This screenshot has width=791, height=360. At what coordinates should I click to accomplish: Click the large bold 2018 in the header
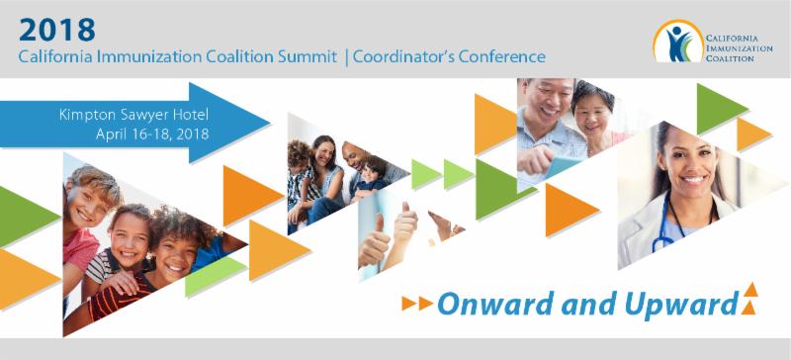(x=57, y=30)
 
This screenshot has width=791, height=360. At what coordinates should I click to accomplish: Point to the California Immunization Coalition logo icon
(x=678, y=42)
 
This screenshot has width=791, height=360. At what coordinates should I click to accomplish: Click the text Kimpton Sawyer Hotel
(x=133, y=115)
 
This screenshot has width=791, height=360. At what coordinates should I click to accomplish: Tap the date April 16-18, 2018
(x=152, y=135)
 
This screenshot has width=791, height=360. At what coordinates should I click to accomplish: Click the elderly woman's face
(x=593, y=115)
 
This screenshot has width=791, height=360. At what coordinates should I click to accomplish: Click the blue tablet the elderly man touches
(x=564, y=165)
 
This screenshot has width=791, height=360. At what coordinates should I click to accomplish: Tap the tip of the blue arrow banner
(x=270, y=123)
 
